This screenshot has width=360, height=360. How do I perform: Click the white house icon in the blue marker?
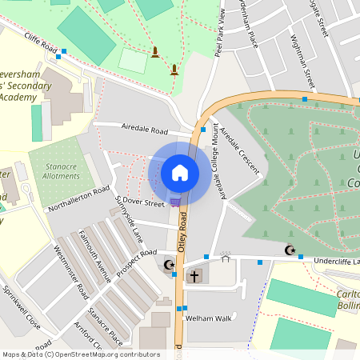[180, 172]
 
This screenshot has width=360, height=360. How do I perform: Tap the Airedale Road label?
[144, 129]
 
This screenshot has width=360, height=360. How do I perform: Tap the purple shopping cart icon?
[175, 201]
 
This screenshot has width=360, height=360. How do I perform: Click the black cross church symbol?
[193, 277]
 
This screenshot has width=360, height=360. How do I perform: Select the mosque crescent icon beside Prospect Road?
[169, 266]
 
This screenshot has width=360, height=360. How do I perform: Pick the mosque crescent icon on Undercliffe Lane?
[290, 250]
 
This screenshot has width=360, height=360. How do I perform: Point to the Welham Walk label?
[208, 318]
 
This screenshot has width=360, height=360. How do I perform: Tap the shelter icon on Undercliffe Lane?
[226, 258]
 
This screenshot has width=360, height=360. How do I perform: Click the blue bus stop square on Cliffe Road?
[61, 55]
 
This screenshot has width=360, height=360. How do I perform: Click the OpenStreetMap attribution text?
[81, 354]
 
